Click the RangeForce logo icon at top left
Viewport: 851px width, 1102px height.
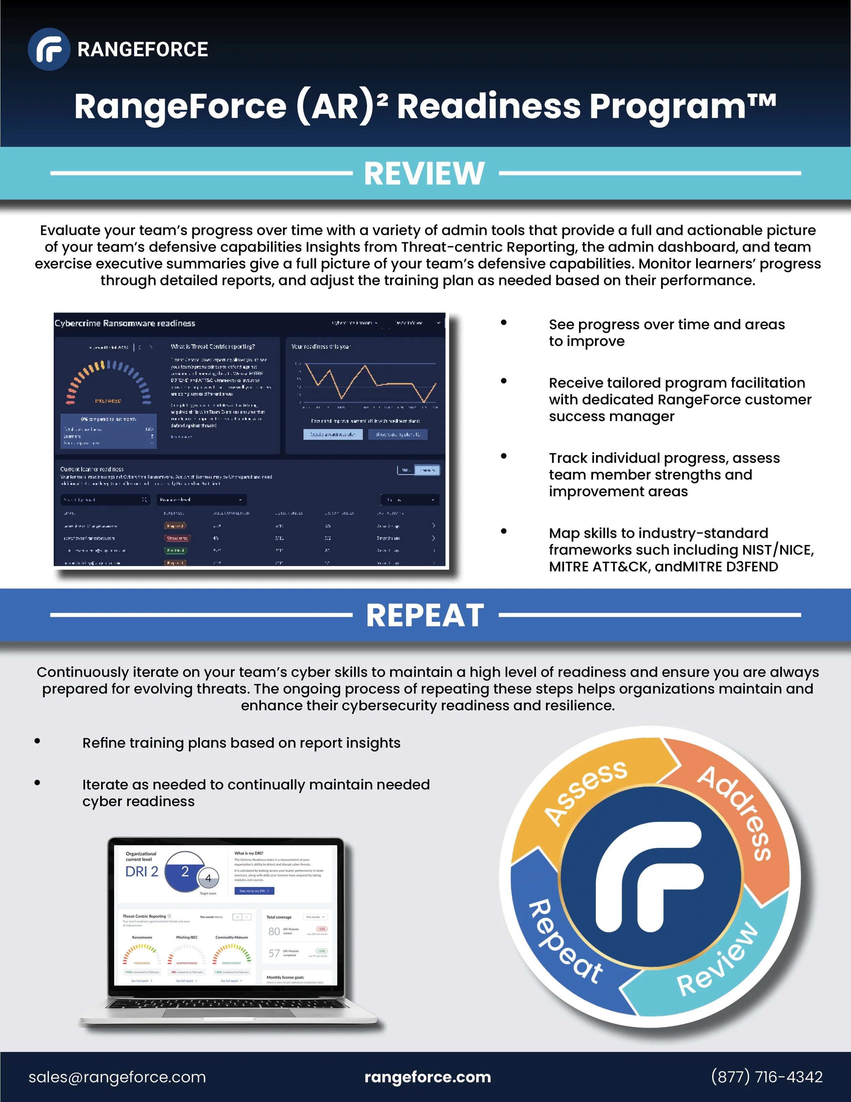pos(49,49)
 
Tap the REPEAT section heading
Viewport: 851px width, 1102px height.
pos(424,615)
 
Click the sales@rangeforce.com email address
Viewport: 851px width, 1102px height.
pos(117,1077)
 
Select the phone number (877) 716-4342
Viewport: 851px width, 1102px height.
pos(766,1077)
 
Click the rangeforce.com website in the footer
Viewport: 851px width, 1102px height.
pos(428,1077)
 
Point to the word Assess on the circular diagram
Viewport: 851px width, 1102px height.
pos(586,793)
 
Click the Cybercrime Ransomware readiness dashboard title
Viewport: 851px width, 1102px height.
pos(125,323)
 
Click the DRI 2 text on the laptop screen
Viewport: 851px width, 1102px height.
pos(142,871)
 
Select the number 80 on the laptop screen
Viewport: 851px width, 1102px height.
pos(274,931)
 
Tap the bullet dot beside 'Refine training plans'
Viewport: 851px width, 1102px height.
pos(37,741)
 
